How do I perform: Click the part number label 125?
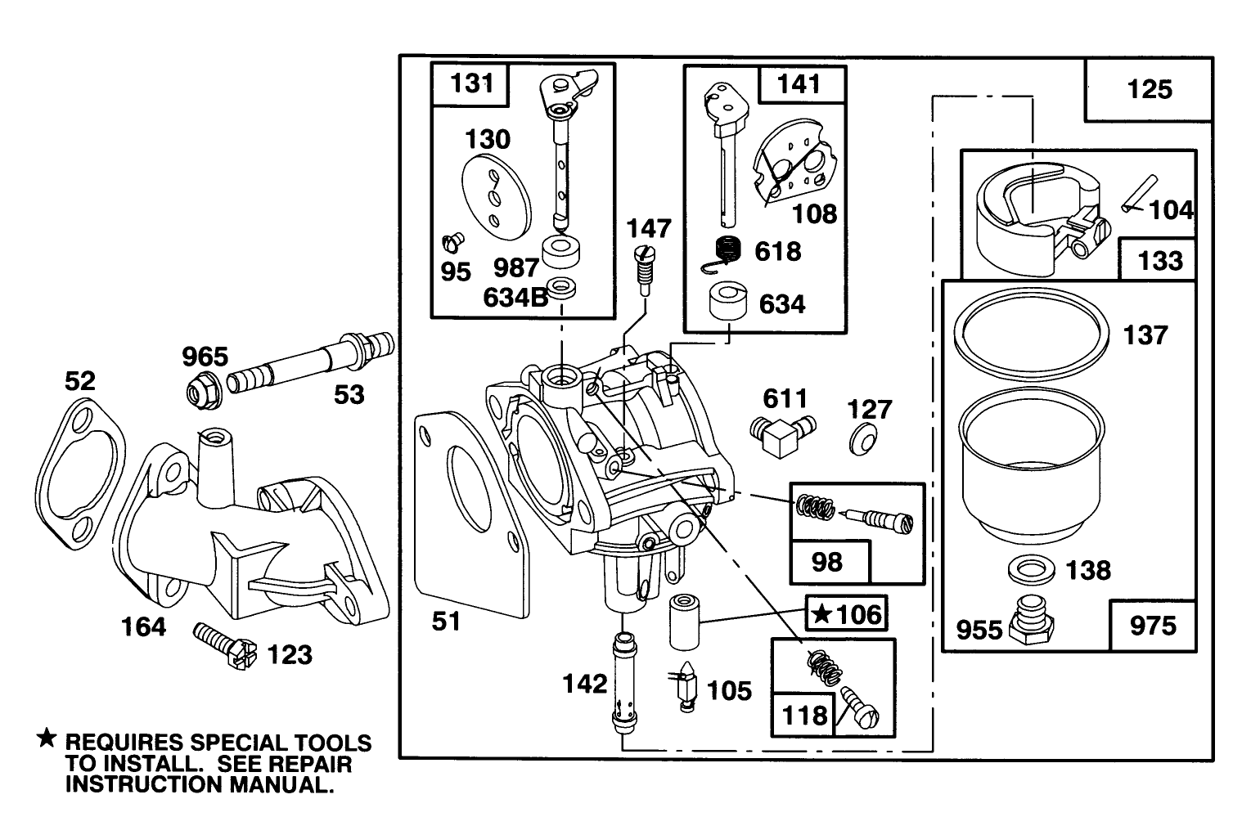click(x=1150, y=89)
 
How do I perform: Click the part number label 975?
click(x=1152, y=626)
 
